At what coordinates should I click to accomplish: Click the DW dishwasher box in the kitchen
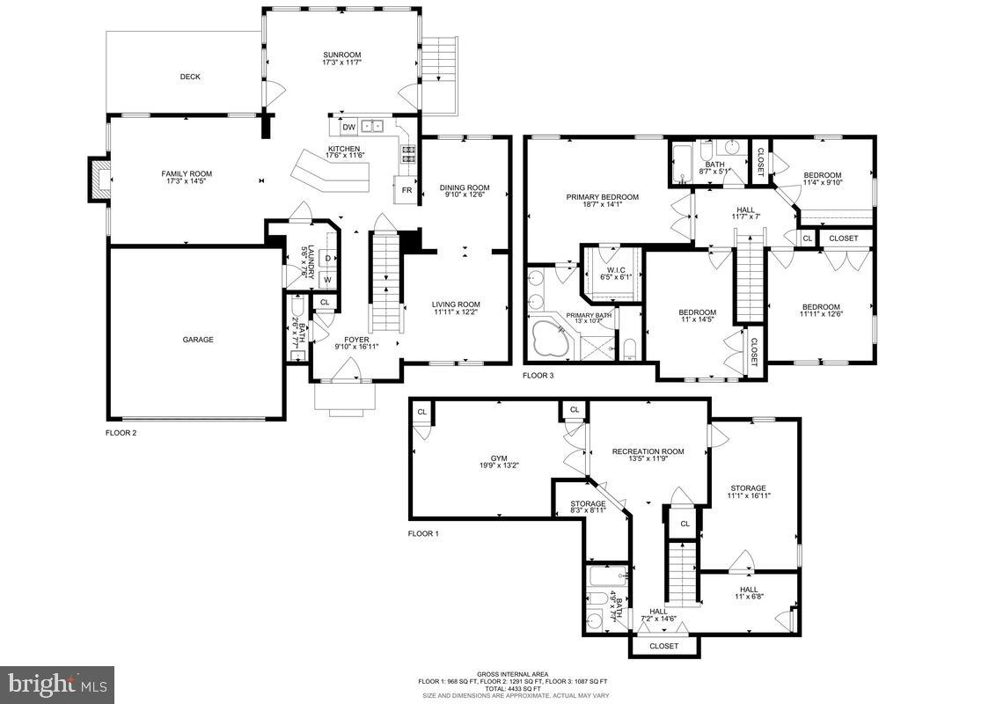[348, 127]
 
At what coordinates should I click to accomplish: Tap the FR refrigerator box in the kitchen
[406, 189]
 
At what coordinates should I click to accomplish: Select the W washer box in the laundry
[327, 281]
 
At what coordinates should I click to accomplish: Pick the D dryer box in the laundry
[327, 258]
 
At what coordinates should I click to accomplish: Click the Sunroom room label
[342, 55]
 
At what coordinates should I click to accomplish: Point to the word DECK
[190, 77]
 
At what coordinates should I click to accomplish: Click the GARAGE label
[198, 340]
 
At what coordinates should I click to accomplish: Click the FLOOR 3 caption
[538, 376]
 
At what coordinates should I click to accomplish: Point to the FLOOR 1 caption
[423, 534]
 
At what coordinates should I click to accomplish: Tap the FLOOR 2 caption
[121, 433]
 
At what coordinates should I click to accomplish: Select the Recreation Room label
[648, 451]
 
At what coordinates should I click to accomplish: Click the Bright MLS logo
[57, 682]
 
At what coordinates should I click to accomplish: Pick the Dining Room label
[465, 187]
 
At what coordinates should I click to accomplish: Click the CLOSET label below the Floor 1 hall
[664, 646]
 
